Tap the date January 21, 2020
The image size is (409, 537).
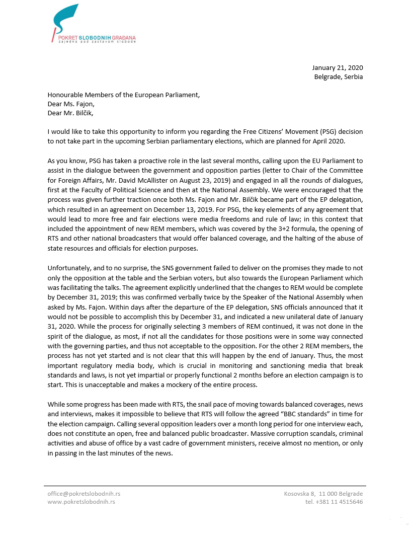[x=337, y=68]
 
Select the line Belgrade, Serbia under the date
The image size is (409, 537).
[x=338, y=77]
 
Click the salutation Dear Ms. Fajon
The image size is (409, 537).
[x=71, y=104]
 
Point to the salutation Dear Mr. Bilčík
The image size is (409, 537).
[x=70, y=113]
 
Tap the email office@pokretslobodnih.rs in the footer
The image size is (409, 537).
[x=84, y=494]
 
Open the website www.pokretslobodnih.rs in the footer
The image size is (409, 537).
[x=81, y=502]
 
